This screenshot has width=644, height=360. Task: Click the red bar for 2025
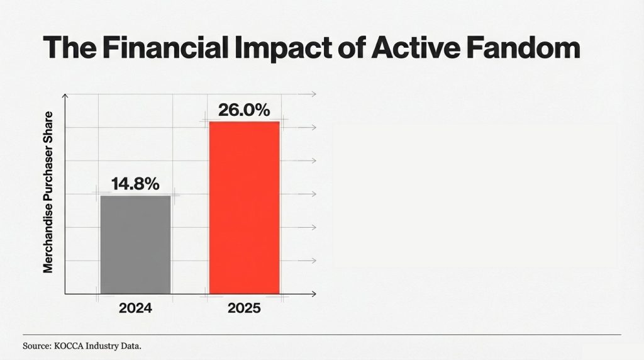[244, 207]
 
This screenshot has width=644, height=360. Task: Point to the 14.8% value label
[135, 184]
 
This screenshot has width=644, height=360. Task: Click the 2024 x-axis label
[135, 309]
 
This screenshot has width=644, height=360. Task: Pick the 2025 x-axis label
[244, 309]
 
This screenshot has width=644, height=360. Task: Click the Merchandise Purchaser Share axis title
[48, 193]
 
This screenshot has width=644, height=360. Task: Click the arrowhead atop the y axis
[65, 95]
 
